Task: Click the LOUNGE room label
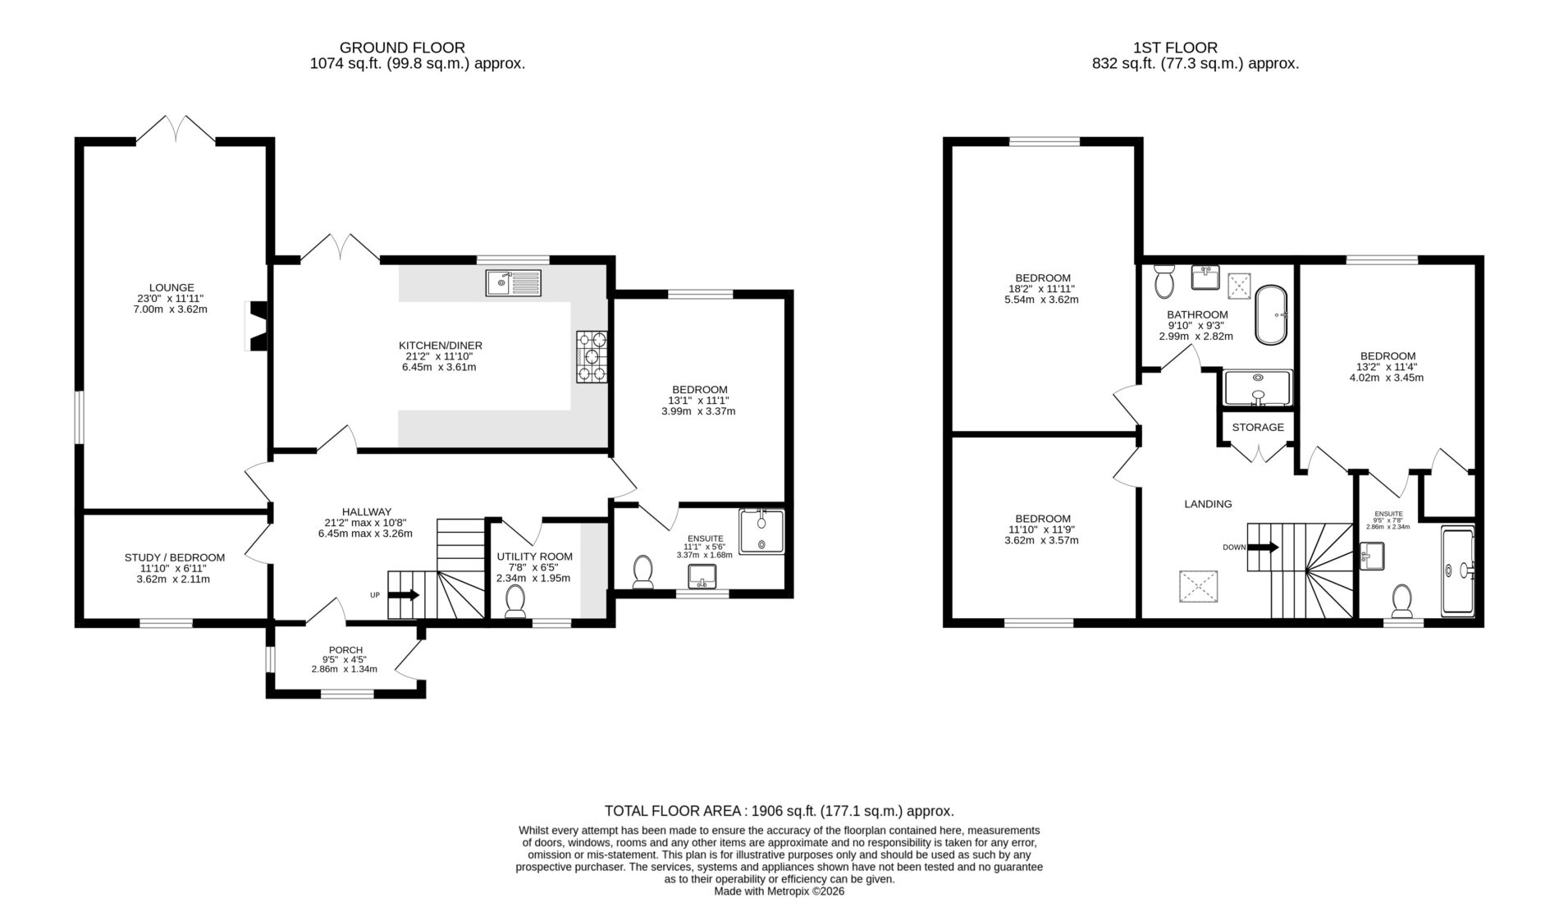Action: tap(172, 287)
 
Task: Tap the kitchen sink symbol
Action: tap(514, 282)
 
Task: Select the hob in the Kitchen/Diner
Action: tap(592, 356)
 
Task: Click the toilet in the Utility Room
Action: tap(515, 602)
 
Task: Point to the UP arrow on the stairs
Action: tap(403, 594)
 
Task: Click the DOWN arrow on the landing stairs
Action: tap(1263, 548)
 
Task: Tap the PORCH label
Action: tap(345, 650)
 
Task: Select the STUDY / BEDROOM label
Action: tap(175, 557)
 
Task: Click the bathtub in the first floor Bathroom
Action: tap(1272, 314)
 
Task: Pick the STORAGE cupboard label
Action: tap(1258, 428)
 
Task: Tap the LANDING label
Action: tap(1208, 504)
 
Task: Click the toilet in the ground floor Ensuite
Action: tap(642, 572)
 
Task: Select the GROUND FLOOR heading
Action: tap(402, 48)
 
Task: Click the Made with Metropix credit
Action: tap(779, 891)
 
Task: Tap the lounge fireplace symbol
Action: tap(256, 327)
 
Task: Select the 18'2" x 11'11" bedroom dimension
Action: tap(1042, 289)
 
